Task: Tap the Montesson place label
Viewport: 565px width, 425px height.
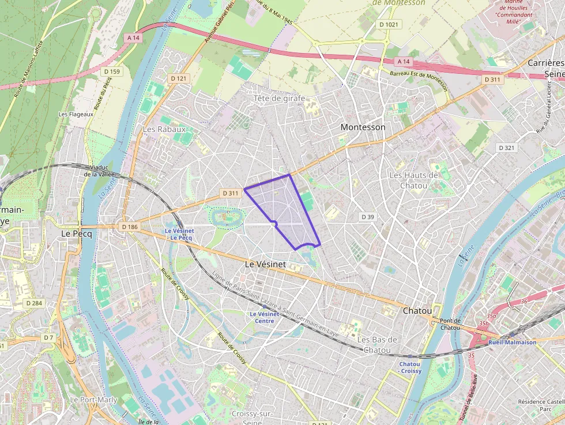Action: pyautogui.click(x=363, y=127)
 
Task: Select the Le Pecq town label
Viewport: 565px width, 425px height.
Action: pyautogui.click(x=74, y=234)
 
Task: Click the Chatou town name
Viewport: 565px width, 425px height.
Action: pyautogui.click(x=417, y=310)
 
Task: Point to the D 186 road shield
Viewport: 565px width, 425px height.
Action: pyautogui.click(x=130, y=227)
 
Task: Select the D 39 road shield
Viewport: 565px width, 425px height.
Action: pyautogui.click(x=367, y=216)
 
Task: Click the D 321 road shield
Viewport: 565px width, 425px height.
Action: pyautogui.click(x=506, y=148)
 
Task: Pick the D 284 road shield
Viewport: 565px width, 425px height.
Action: pyautogui.click(x=34, y=303)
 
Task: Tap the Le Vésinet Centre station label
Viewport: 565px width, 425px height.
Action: pyautogui.click(x=265, y=317)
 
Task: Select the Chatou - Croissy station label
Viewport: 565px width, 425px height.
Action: pyautogui.click(x=410, y=367)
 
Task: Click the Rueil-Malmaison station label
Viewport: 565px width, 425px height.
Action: pyautogui.click(x=512, y=342)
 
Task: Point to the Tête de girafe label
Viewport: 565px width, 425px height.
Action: pyautogui.click(x=280, y=99)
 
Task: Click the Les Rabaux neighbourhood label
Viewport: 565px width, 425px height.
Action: pyautogui.click(x=164, y=129)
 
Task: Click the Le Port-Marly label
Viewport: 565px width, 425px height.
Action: pyautogui.click(x=93, y=400)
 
